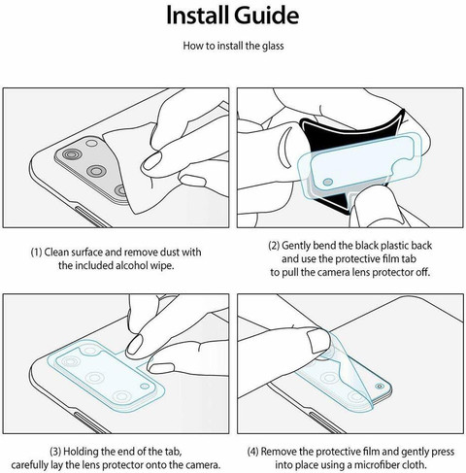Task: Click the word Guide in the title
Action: (x=266, y=16)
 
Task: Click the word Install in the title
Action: (x=197, y=16)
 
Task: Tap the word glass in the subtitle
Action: (x=273, y=46)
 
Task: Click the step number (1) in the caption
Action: (x=36, y=253)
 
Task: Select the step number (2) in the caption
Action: (x=274, y=246)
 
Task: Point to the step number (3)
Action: (x=55, y=452)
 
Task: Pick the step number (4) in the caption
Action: (x=253, y=452)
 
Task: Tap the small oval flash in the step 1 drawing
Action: (x=91, y=143)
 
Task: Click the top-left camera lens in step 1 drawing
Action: (x=72, y=154)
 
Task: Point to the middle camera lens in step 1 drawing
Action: (x=96, y=170)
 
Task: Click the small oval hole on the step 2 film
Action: (x=328, y=182)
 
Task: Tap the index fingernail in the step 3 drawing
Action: (x=134, y=344)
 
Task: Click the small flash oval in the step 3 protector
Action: (x=145, y=386)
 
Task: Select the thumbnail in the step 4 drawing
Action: (x=318, y=341)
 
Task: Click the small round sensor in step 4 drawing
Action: (x=380, y=387)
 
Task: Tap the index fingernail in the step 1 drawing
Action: (x=152, y=161)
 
